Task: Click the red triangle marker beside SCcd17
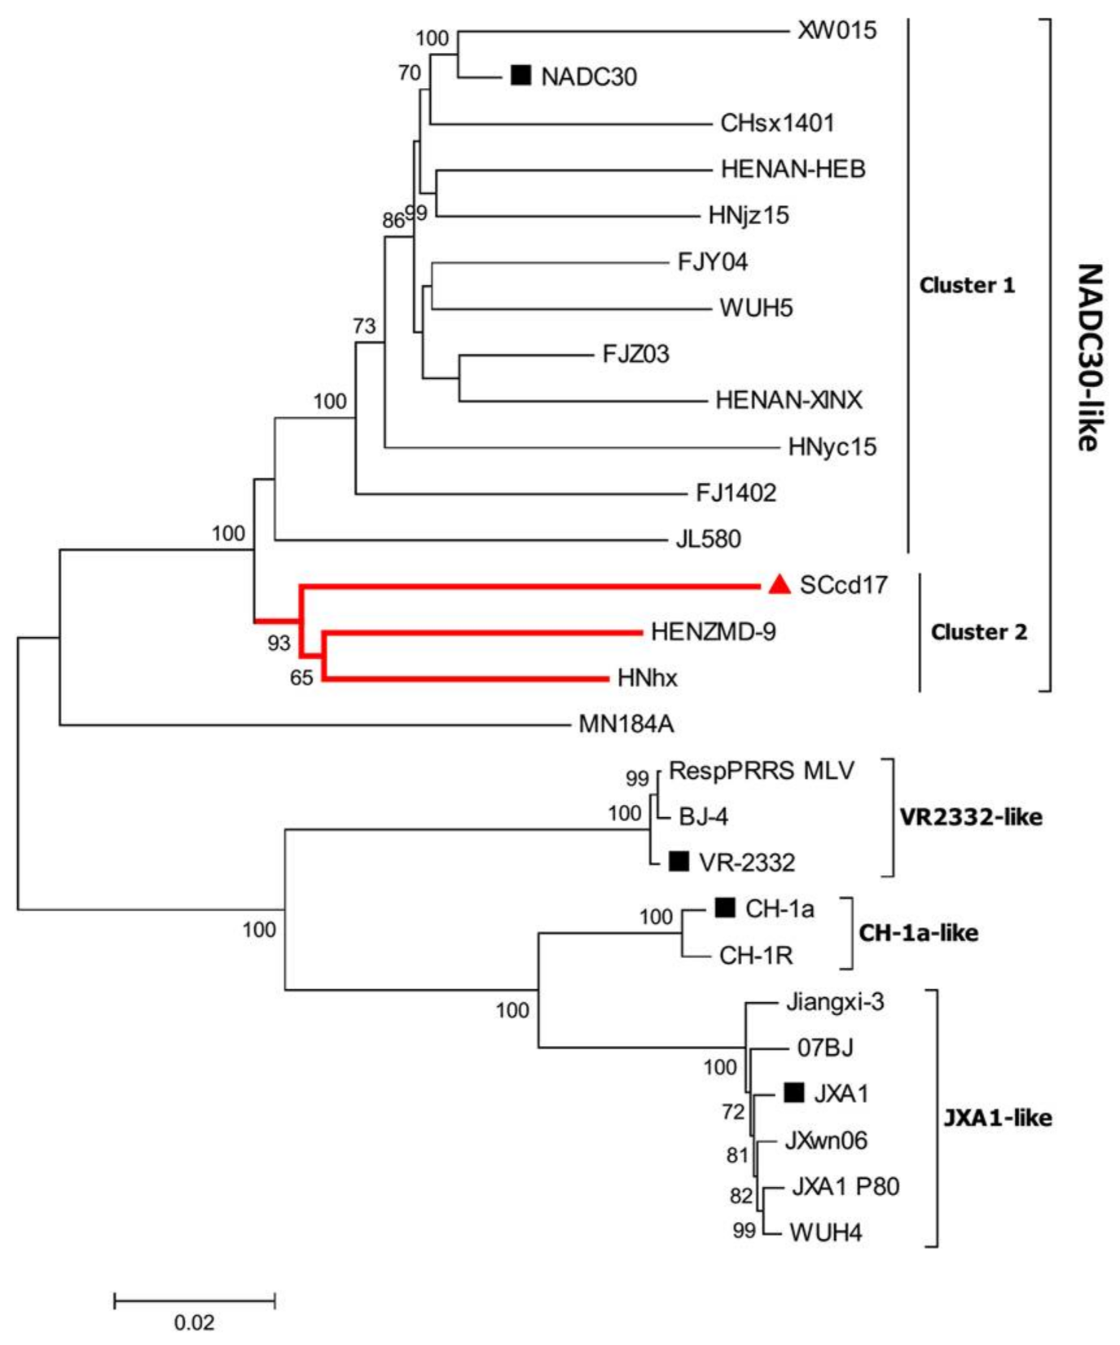tap(780, 585)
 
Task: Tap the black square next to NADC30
tap(520, 76)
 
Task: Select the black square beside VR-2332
tap(679, 861)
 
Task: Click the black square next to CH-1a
tap(724, 908)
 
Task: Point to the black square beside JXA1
tap(793, 1092)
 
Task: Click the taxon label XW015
tap(837, 31)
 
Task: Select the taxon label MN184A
tap(626, 723)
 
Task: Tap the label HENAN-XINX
tap(788, 400)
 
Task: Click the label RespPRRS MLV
tap(761, 770)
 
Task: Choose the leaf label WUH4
tap(825, 1232)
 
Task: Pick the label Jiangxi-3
tap(835, 1001)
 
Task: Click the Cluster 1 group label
tap(967, 285)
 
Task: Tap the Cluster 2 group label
tap(978, 632)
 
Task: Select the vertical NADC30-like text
tap(1088, 357)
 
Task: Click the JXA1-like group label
tap(997, 1118)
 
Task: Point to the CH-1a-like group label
tap(918, 933)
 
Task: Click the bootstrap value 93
tap(279, 643)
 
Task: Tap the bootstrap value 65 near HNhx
tap(301, 678)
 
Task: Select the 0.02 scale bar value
tap(194, 1321)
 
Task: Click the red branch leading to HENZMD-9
tap(481, 631)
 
